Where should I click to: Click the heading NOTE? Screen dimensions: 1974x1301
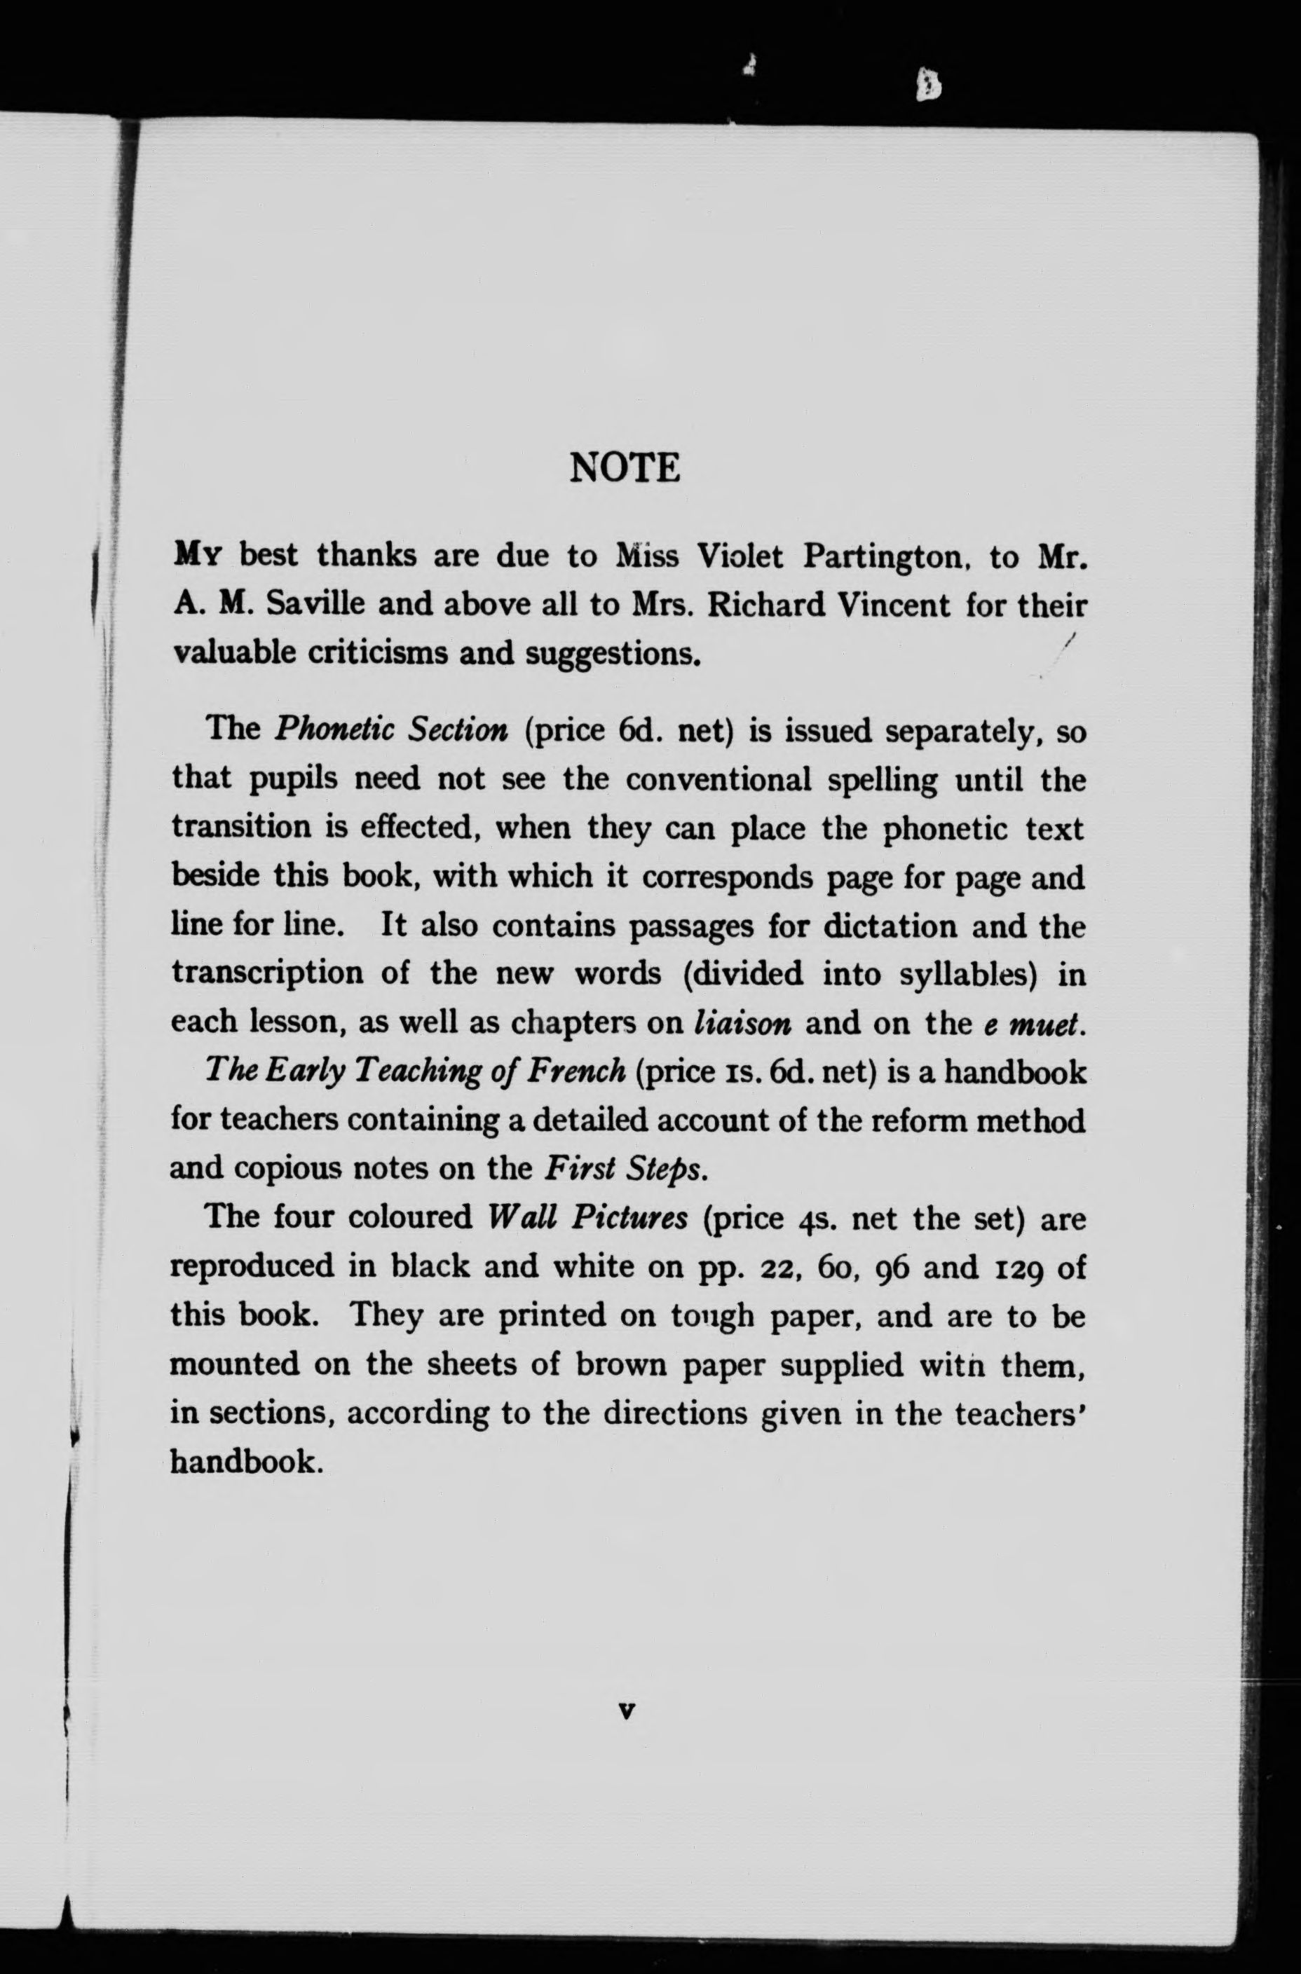click(625, 468)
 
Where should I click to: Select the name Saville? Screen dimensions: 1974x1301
click(315, 604)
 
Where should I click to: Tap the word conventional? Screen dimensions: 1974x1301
click(718, 780)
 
